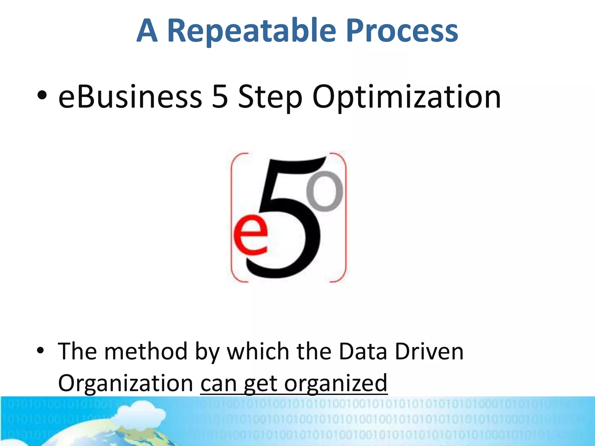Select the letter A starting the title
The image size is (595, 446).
(x=147, y=31)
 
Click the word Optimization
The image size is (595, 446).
(x=406, y=97)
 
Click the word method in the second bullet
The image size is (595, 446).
(x=146, y=351)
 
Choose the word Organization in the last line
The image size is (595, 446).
(x=126, y=383)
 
